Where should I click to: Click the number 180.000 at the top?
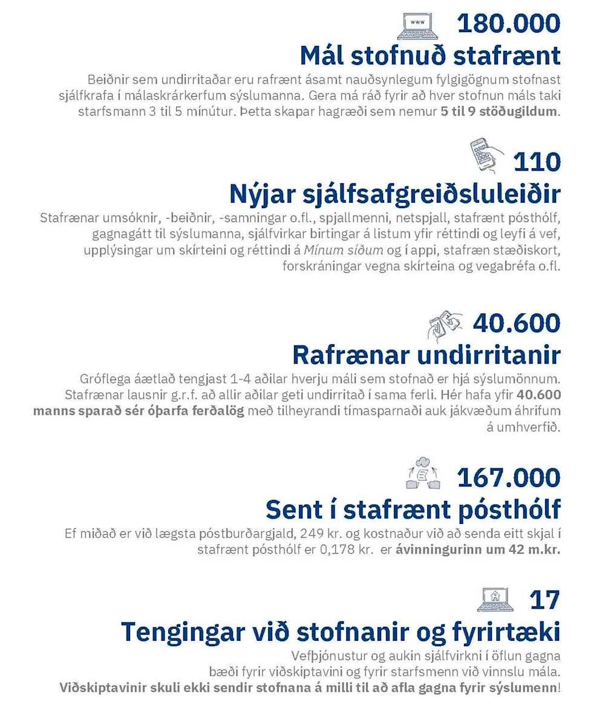point(508,24)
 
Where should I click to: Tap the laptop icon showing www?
point(418,25)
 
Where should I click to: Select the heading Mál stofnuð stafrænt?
point(430,56)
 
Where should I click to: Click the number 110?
point(537,162)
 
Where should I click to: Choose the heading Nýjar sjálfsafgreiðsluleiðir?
point(394,194)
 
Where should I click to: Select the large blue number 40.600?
point(516,323)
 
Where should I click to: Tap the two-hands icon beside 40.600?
point(445,325)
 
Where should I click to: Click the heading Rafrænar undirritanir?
point(426,355)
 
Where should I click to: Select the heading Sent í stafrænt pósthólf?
point(413,509)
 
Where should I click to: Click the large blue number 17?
point(544,600)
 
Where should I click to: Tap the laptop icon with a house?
point(495,600)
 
